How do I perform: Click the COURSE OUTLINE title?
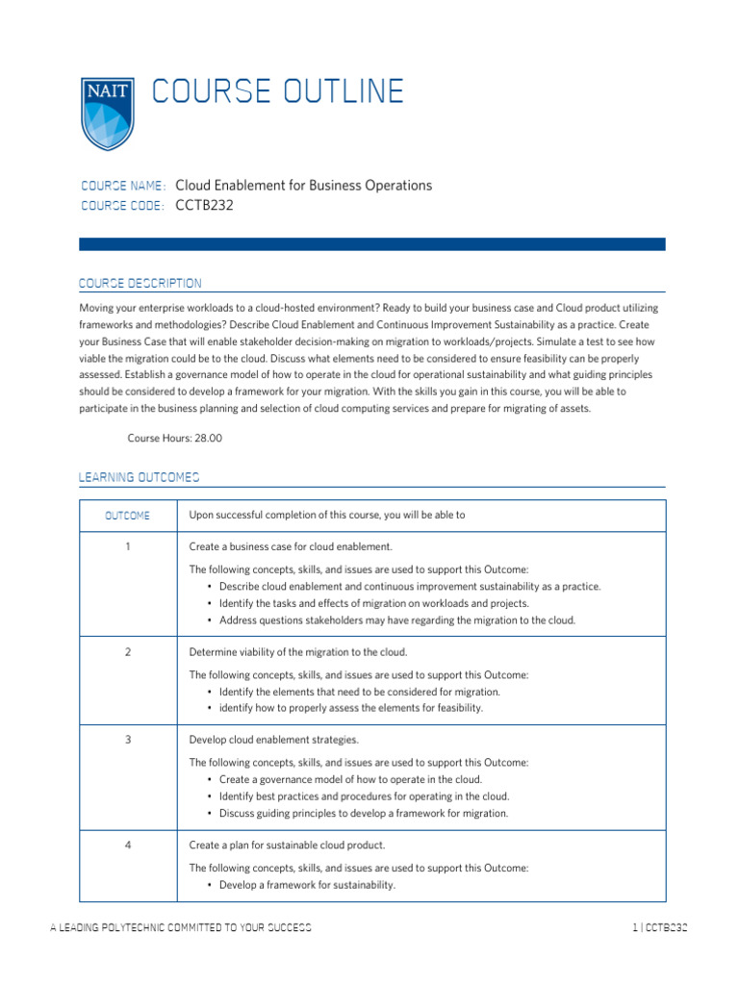click(x=277, y=91)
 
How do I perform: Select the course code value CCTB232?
click(x=204, y=205)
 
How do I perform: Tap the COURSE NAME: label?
click(x=123, y=186)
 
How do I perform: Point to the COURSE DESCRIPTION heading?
click(x=140, y=283)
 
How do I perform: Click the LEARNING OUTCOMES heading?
click(x=139, y=477)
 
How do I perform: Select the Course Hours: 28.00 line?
click(x=174, y=438)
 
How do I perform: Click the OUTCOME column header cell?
click(x=127, y=516)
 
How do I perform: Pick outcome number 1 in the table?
click(x=127, y=546)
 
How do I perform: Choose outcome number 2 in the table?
click(x=127, y=652)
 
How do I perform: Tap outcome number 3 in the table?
click(x=127, y=740)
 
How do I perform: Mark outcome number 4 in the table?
click(x=127, y=845)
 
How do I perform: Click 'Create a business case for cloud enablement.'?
click(x=290, y=546)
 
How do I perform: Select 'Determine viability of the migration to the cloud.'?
click(x=298, y=652)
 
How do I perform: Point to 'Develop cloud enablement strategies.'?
click(x=273, y=740)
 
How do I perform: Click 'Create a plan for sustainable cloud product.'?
click(x=288, y=845)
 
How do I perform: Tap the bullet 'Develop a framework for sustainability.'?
click(x=307, y=885)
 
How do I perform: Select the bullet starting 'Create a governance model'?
click(x=350, y=779)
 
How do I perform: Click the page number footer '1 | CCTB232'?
click(x=659, y=928)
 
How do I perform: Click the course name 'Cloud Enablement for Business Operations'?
click(x=304, y=186)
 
